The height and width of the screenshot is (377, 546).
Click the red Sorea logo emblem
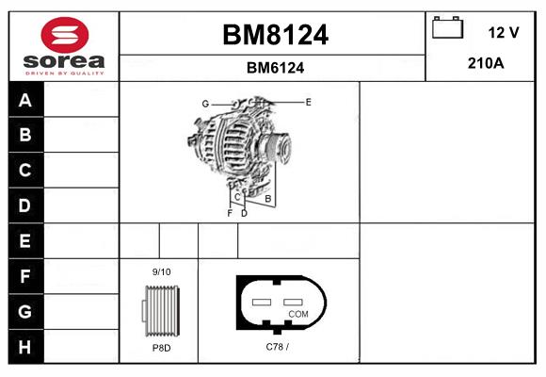point(65,35)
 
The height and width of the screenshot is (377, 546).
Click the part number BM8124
point(275,35)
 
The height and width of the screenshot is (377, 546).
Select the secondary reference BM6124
point(275,68)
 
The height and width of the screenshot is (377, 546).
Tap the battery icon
point(447,27)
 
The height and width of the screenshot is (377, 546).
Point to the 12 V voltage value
point(504,32)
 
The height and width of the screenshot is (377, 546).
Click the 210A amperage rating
point(486,63)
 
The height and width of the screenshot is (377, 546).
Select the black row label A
point(26,100)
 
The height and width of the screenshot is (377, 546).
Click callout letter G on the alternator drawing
point(205,104)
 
